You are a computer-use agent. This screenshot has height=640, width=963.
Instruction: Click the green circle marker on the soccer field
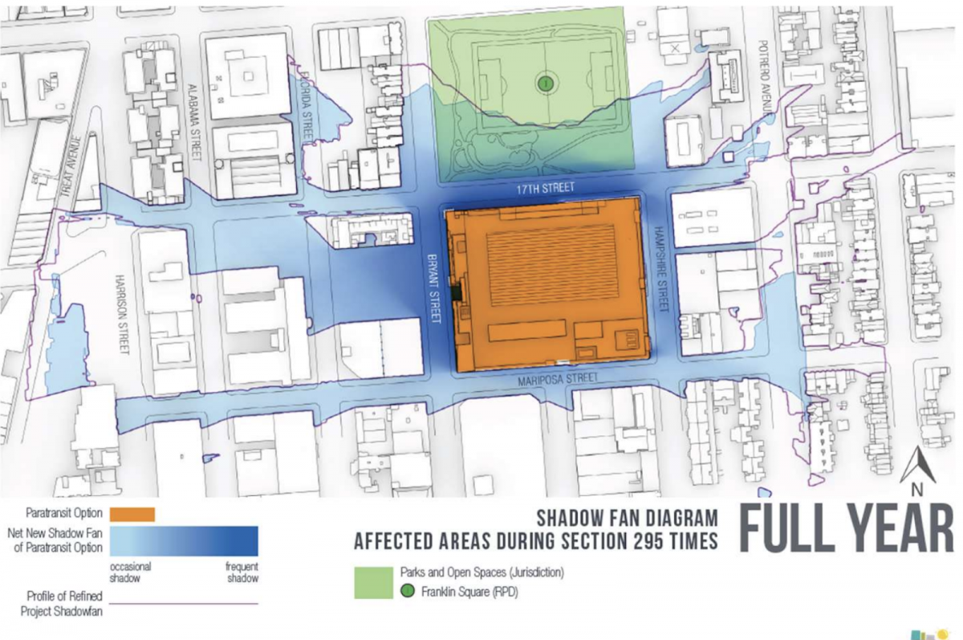[545, 82]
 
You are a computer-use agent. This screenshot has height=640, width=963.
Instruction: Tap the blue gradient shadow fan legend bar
[184, 540]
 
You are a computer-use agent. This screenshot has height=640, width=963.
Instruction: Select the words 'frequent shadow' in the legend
[238, 572]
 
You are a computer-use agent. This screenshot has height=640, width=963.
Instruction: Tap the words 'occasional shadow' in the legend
[131, 572]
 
